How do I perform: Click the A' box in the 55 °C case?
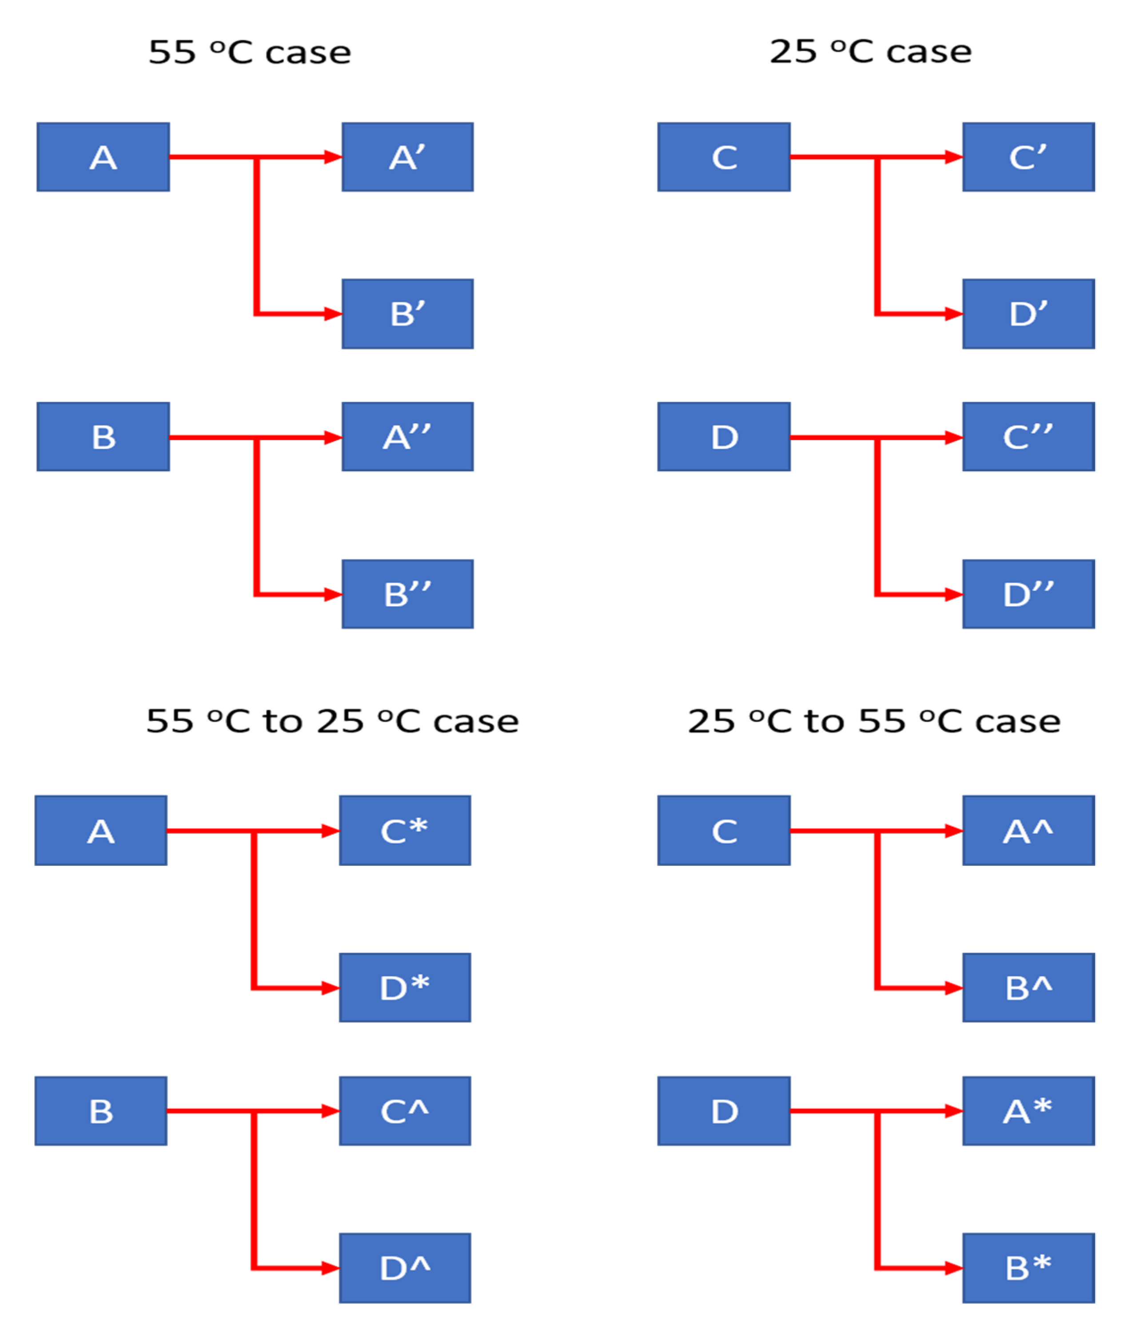(407, 157)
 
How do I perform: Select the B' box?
(407, 314)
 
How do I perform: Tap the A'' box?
(407, 437)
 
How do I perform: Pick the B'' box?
(407, 594)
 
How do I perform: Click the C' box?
(1028, 157)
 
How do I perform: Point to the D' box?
(1028, 314)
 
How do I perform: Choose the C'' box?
(1028, 437)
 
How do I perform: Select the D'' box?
(1028, 594)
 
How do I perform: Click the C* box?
(405, 831)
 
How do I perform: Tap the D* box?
(405, 988)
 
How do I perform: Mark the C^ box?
(405, 1111)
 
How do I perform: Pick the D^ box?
(405, 1268)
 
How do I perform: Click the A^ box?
(1028, 831)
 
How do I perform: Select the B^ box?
(1028, 988)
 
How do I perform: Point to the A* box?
(1028, 1111)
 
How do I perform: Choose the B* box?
(1028, 1268)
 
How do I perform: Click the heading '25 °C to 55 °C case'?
(874, 721)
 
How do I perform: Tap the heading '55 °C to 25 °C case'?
(332, 721)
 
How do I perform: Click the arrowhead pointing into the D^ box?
(331, 1268)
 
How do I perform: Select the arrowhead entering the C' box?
(954, 157)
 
